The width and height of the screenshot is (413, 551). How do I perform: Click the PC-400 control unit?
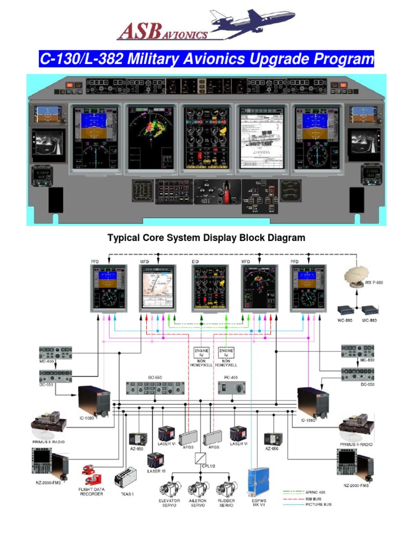[232, 387]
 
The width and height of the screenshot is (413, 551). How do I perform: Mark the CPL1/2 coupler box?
[202, 459]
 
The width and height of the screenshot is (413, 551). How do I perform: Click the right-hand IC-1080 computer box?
[312, 401]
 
